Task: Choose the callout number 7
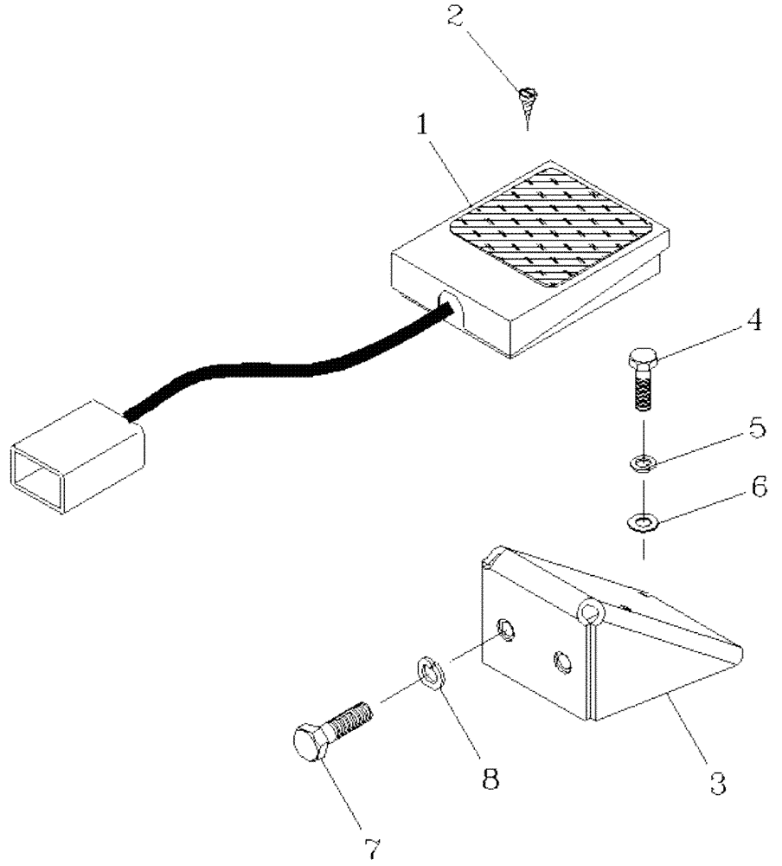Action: coord(373,849)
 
